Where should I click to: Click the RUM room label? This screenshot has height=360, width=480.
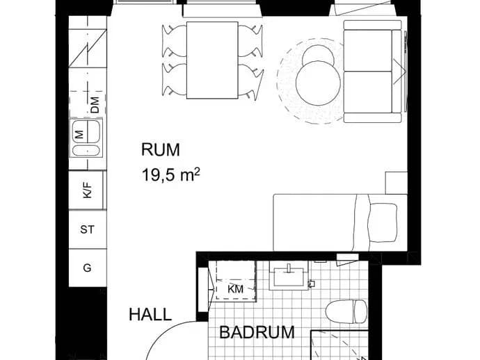(x=160, y=149)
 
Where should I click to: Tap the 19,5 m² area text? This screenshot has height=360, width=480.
(x=171, y=175)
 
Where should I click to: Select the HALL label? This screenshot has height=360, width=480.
(x=150, y=315)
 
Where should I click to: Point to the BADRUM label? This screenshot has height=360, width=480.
(x=257, y=332)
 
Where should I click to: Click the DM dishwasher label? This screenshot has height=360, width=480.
(x=95, y=105)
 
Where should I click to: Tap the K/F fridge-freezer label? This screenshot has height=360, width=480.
(x=87, y=190)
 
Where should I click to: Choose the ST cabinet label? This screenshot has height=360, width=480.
(x=87, y=229)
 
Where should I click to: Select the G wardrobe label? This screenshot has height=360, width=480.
(x=87, y=268)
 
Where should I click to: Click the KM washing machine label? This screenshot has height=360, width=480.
(x=235, y=289)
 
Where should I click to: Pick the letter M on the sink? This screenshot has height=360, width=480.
(x=79, y=135)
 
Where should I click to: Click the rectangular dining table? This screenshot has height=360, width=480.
(x=212, y=60)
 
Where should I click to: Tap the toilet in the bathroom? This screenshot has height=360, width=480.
(x=346, y=311)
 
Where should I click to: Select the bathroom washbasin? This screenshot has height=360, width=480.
(x=289, y=275)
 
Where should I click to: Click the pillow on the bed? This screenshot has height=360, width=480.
(x=383, y=222)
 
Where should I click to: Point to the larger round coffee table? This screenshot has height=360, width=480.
(x=318, y=83)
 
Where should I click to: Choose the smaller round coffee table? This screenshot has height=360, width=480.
(x=318, y=56)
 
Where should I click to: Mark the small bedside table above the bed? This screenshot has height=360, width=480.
(x=396, y=183)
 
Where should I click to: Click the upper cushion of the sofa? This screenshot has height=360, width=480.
(x=368, y=51)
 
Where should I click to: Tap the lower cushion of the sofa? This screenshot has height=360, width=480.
(x=368, y=92)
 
